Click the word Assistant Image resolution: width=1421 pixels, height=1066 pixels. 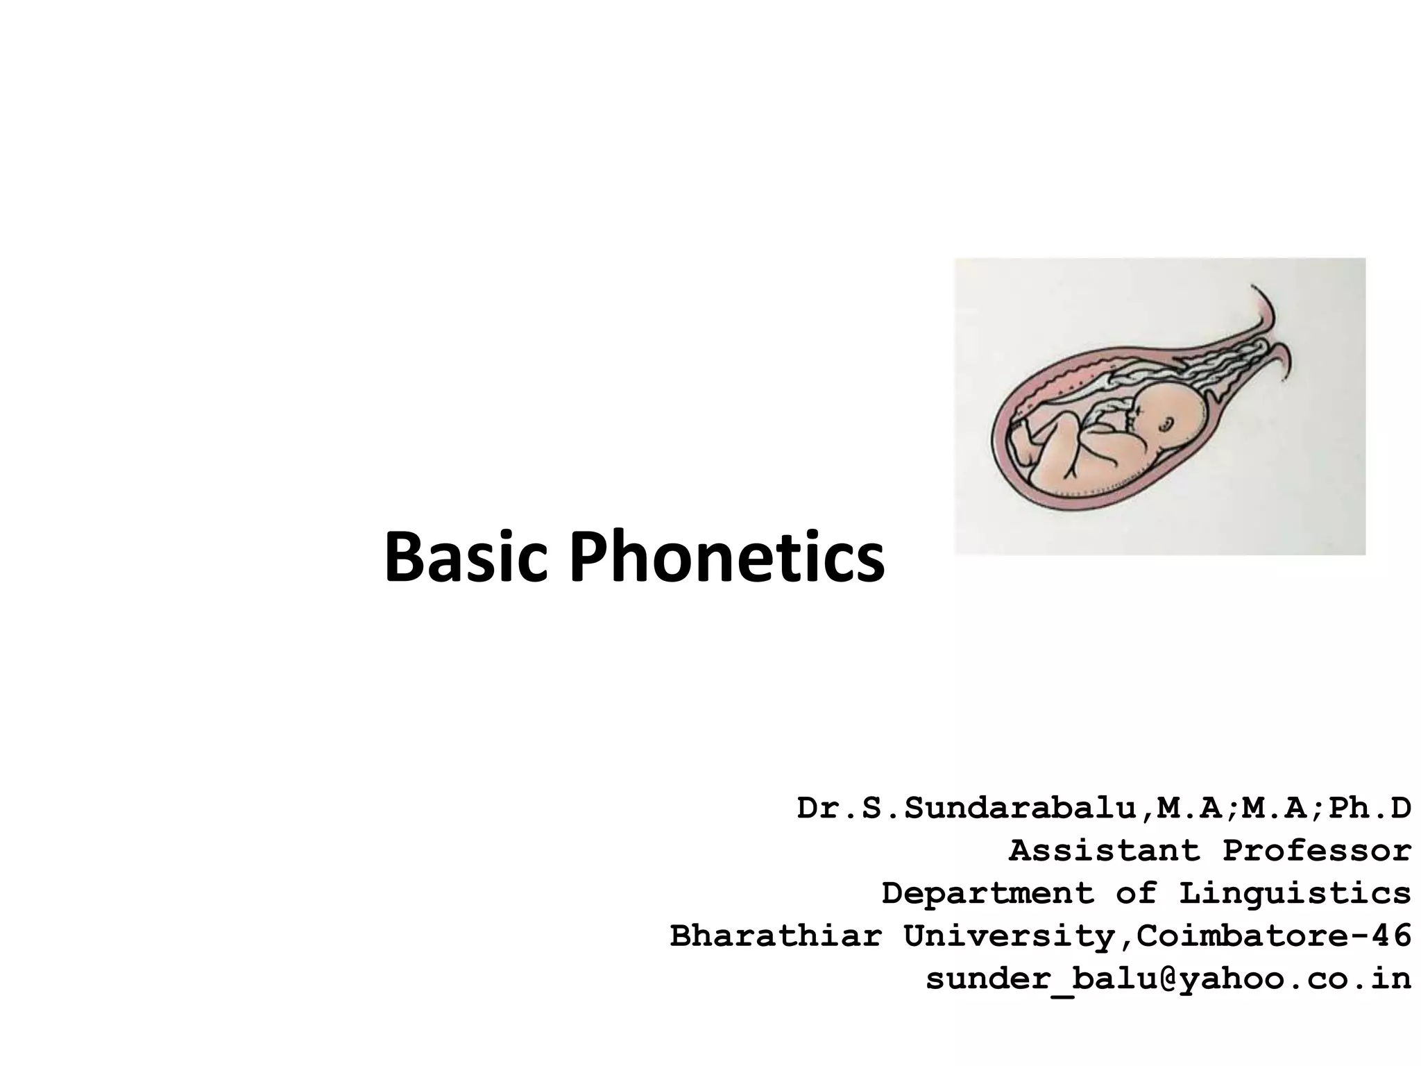[x=1104, y=851]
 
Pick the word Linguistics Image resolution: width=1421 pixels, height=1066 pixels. [x=1295, y=894]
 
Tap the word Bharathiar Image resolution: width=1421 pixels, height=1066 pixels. [x=775, y=936]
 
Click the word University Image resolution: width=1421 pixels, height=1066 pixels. [x=1010, y=936]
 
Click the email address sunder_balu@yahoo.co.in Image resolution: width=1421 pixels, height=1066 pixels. [x=1168, y=979]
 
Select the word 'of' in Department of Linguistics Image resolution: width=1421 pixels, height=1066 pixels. [x=1136, y=894]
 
